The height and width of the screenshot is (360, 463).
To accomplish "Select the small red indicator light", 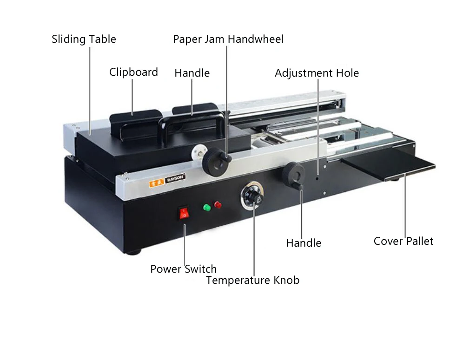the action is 218,205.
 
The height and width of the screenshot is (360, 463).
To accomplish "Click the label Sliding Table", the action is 84,39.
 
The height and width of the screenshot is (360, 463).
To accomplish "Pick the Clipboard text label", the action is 133,72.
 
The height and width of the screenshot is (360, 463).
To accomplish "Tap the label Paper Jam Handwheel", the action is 228,39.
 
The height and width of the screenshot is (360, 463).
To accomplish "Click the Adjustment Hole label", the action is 317,73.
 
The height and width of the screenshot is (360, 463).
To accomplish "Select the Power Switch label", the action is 183,269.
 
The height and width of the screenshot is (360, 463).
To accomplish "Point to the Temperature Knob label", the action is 252,280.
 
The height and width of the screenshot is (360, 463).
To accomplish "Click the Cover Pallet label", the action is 403,241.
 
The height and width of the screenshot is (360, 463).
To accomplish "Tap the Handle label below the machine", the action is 303,243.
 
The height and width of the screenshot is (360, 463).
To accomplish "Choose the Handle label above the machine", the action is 192,73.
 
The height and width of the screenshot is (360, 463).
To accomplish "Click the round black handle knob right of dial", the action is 295,173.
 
